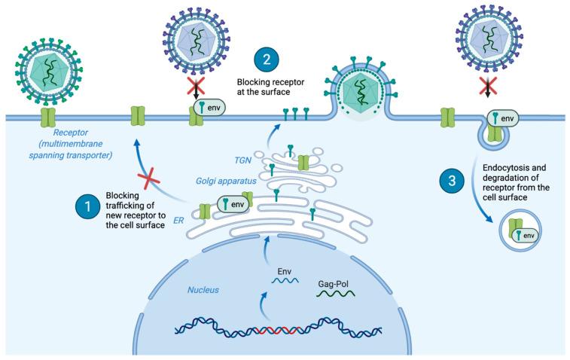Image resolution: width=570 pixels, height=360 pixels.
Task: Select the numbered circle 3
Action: coord(451,182)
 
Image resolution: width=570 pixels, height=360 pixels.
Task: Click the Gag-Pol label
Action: coord(334,287)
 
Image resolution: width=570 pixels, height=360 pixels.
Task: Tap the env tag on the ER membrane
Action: coord(233,203)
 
